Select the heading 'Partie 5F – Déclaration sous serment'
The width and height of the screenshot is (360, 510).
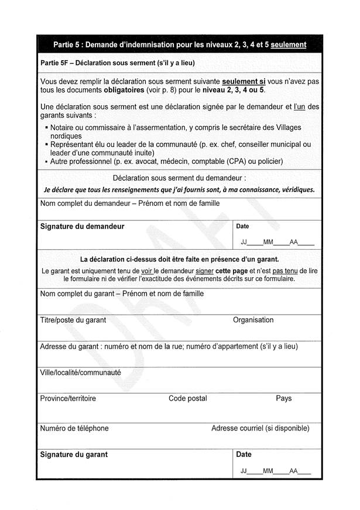coord(117,63)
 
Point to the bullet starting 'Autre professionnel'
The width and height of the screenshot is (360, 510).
coord(166,161)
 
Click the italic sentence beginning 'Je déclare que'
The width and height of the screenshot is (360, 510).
coord(179,189)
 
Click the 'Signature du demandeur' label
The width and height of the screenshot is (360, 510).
coord(82,226)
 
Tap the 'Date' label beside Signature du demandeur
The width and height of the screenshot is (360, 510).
coord(242,226)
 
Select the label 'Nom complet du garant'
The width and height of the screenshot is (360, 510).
coord(122,294)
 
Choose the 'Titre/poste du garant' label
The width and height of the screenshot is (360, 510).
coord(73,320)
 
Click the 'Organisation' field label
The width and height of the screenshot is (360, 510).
coord(253,320)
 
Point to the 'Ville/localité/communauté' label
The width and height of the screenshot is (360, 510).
coord(80,372)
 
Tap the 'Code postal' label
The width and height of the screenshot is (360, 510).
coord(187,398)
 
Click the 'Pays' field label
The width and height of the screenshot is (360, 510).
coord(283,398)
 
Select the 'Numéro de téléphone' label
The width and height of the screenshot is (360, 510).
coord(74,428)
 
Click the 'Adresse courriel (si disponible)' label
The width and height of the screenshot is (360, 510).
coord(260,428)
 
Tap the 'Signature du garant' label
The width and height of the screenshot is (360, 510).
coord(74,454)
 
